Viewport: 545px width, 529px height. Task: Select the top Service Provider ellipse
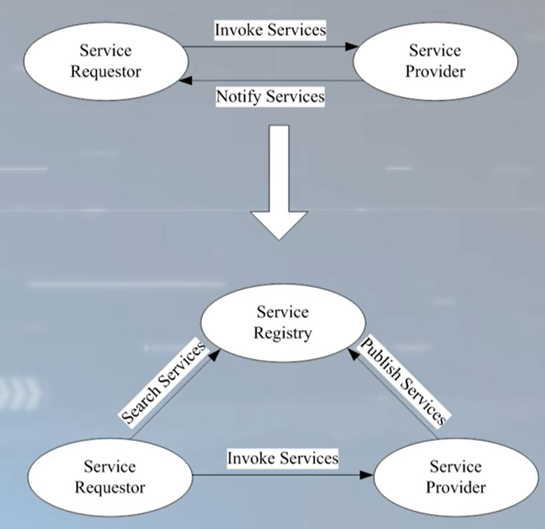click(435, 61)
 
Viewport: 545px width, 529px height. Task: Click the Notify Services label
click(270, 96)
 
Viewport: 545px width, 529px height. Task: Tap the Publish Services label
click(402, 380)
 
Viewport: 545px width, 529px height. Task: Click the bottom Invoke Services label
click(282, 458)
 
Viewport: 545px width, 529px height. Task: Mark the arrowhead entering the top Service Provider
click(351, 48)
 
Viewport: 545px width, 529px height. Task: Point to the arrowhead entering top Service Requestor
click(184, 80)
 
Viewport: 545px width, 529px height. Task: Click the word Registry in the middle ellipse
click(283, 333)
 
